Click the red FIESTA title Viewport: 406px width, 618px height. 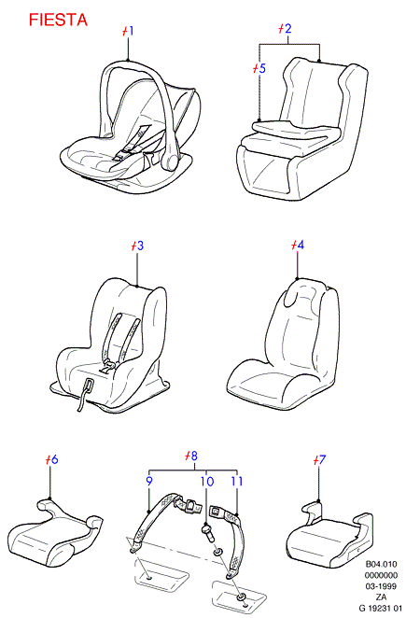(58, 21)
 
